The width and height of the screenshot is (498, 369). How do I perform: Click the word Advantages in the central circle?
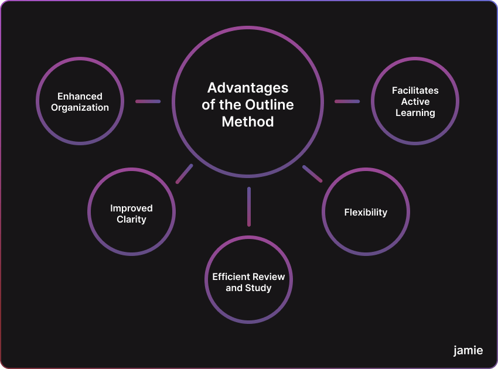[x=248, y=88]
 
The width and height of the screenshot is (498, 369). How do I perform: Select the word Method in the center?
[x=248, y=122]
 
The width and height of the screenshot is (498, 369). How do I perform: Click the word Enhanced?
[x=80, y=96]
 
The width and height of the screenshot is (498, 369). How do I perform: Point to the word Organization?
[x=80, y=107]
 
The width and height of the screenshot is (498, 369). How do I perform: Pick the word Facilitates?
[x=415, y=90]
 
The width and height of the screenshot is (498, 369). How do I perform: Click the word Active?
[x=415, y=101]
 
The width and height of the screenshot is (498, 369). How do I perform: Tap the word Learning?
[x=415, y=112]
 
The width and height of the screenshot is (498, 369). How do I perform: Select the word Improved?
[x=131, y=208]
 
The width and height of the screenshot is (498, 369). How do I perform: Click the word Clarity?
[x=131, y=219]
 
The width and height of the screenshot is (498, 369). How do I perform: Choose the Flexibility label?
[x=366, y=212]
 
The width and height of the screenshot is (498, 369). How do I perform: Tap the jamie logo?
[x=468, y=350]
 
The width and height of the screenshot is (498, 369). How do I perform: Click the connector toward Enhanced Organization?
[x=148, y=101]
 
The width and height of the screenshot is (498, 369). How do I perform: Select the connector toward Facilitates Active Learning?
[x=347, y=101]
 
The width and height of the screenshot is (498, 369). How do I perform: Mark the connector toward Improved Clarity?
[x=184, y=174]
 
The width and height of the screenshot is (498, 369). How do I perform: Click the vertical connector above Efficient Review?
[x=249, y=206]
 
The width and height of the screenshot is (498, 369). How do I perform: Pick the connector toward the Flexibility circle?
[x=312, y=174]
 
